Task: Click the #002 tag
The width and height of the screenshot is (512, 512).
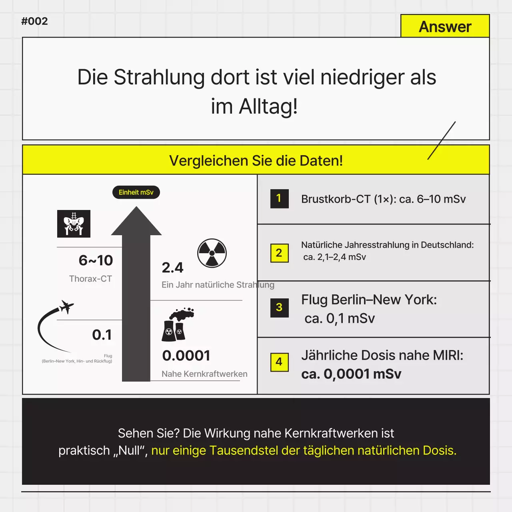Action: click(x=34, y=21)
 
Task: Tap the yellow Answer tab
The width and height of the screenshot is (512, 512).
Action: click(x=445, y=26)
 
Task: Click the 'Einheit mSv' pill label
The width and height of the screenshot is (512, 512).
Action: click(x=136, y=192)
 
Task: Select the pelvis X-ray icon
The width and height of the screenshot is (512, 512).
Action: click(x=74, y=224)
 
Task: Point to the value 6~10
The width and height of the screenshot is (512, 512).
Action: click(x=96, y=260)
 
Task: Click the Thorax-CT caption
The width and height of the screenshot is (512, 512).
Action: click(x=90, y=279)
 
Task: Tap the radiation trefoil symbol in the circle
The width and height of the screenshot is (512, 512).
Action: click(x=212, y=253)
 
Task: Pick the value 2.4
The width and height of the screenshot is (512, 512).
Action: click(x=172, y=268)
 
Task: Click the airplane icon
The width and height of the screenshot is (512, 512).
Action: click(x=66, y=307)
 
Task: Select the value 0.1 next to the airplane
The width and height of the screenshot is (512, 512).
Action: click(x=102, y=335)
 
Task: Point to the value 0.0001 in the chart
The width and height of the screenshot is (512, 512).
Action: click(x=186, y=356)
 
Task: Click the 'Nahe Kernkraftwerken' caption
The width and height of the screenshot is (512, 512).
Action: click(x=204, y=374)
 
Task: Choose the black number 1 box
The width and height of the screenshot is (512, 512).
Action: click(x=279, y=199)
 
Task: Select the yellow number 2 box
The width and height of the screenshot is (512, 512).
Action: click(x=279, y=253)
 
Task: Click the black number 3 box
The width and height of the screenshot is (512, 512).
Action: click(x=279, y=308)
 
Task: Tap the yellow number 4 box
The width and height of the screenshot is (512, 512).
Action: click(x=279, y=362)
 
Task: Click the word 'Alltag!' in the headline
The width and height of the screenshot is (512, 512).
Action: click(x=268, y=106)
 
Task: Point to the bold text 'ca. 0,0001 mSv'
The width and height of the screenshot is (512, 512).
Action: click(x=351, y=374)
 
